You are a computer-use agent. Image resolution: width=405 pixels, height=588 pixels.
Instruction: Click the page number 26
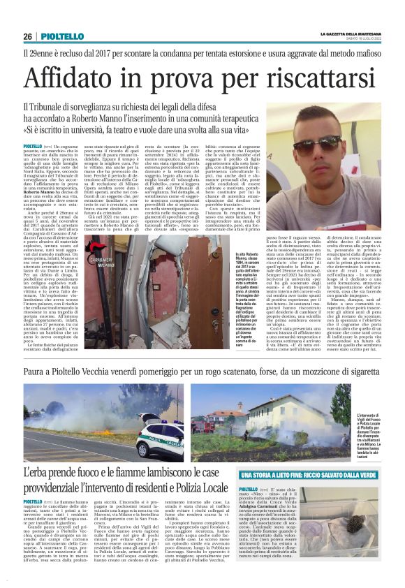pyautogui.click(x=27, y=36)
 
